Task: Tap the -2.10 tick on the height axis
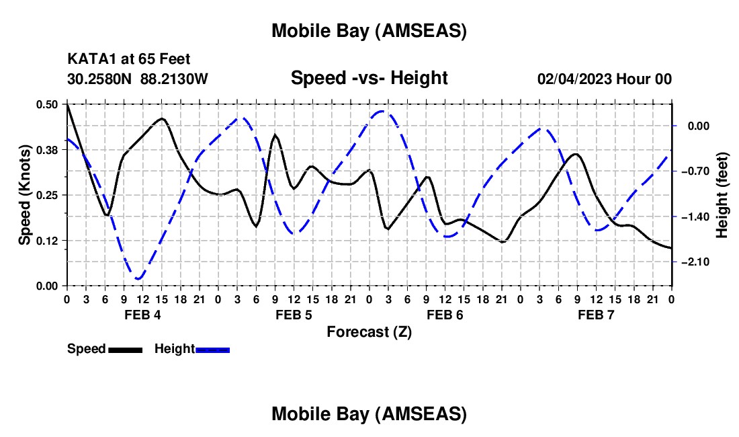point(696,262)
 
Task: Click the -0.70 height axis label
point(696,171)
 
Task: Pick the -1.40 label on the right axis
point(696,216)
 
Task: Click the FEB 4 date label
point(142,315)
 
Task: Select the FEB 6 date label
point(445,315)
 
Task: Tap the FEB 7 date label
point(596,315)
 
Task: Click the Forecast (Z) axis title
point(369,331)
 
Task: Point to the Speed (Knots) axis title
point(24,195)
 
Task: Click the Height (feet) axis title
point(722,195)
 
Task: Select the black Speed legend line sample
point(124,349)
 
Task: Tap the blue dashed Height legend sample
point(212,349)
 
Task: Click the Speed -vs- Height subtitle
point(369,78)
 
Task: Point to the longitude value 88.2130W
point(175,79)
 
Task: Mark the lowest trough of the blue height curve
point(138,278)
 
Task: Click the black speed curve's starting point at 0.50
point(67,104)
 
